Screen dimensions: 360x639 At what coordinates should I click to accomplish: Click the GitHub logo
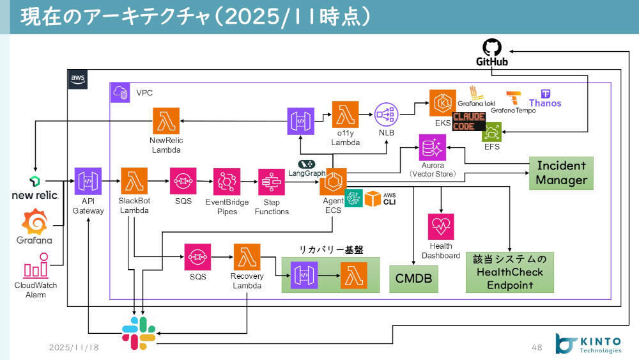click(492, 48)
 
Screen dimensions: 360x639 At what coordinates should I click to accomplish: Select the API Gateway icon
click(88, 181)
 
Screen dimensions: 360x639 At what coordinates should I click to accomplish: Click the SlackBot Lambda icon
click(134, 181)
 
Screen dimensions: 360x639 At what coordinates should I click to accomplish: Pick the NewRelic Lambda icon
click(166, 120)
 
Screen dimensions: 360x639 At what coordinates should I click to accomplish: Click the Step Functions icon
click(272, 182)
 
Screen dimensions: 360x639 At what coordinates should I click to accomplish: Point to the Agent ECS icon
click(333, 182)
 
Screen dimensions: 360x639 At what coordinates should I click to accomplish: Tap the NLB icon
click(387, 115)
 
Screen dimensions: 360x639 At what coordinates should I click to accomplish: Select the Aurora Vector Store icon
click(433, 148)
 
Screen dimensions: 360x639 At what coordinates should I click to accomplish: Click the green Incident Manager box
click(561, 173)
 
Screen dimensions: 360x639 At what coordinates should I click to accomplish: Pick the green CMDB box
click(414, 278)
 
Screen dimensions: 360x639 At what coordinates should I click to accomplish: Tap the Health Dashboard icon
click(441, 227)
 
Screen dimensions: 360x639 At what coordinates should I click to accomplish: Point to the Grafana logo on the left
click(35, 223)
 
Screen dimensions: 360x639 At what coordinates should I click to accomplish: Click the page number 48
click(537, 347)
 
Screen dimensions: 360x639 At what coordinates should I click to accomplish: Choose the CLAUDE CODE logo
click(469, 121)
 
